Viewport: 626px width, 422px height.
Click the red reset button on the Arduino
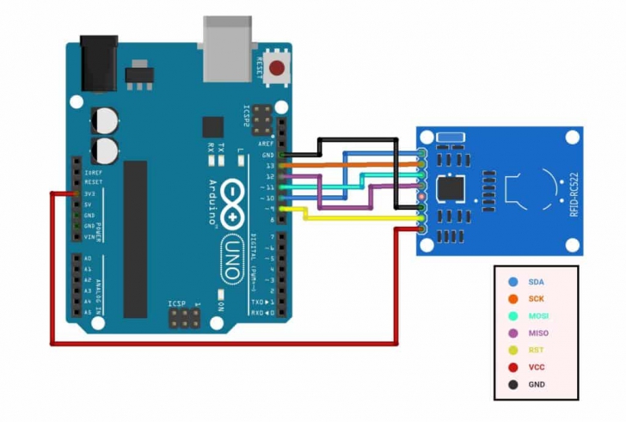pos(277,69)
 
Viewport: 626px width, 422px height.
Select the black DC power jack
pos(98,62)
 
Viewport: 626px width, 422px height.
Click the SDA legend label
pos(536,282)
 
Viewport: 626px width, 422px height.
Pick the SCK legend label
pos(536,299)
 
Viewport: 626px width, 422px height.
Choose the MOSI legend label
pos(537,315)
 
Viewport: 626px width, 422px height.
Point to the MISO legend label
pos(537,333)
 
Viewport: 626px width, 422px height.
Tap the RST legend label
pos(535,350)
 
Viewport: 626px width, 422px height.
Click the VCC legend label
pos(536,367)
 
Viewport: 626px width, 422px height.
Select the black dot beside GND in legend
pos(513,384)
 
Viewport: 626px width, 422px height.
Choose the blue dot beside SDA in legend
pos(513,282)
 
